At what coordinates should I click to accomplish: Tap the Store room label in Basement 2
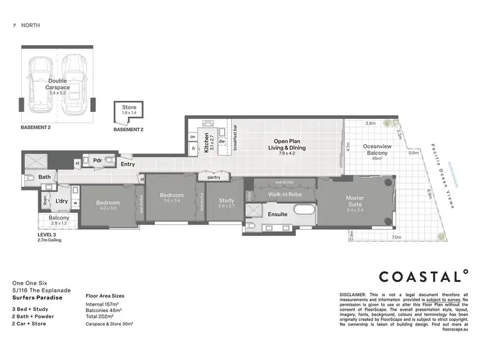coord(129,108)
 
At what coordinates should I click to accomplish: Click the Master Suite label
coord(355,201)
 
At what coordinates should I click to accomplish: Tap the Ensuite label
coord(277,214)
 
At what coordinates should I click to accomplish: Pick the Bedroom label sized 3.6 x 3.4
coord(172,196)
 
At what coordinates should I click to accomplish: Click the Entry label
coord(128,164)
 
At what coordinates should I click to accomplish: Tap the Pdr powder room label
coord(98,160)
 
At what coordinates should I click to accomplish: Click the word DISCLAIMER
coord(353,295)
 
